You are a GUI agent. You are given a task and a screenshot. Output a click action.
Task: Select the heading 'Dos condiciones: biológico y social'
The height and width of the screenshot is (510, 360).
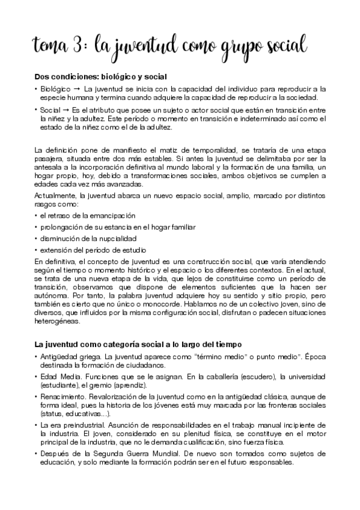tap(100, 77)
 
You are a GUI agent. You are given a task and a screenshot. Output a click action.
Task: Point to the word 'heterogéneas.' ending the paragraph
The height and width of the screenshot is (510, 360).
tap(58, 322)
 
